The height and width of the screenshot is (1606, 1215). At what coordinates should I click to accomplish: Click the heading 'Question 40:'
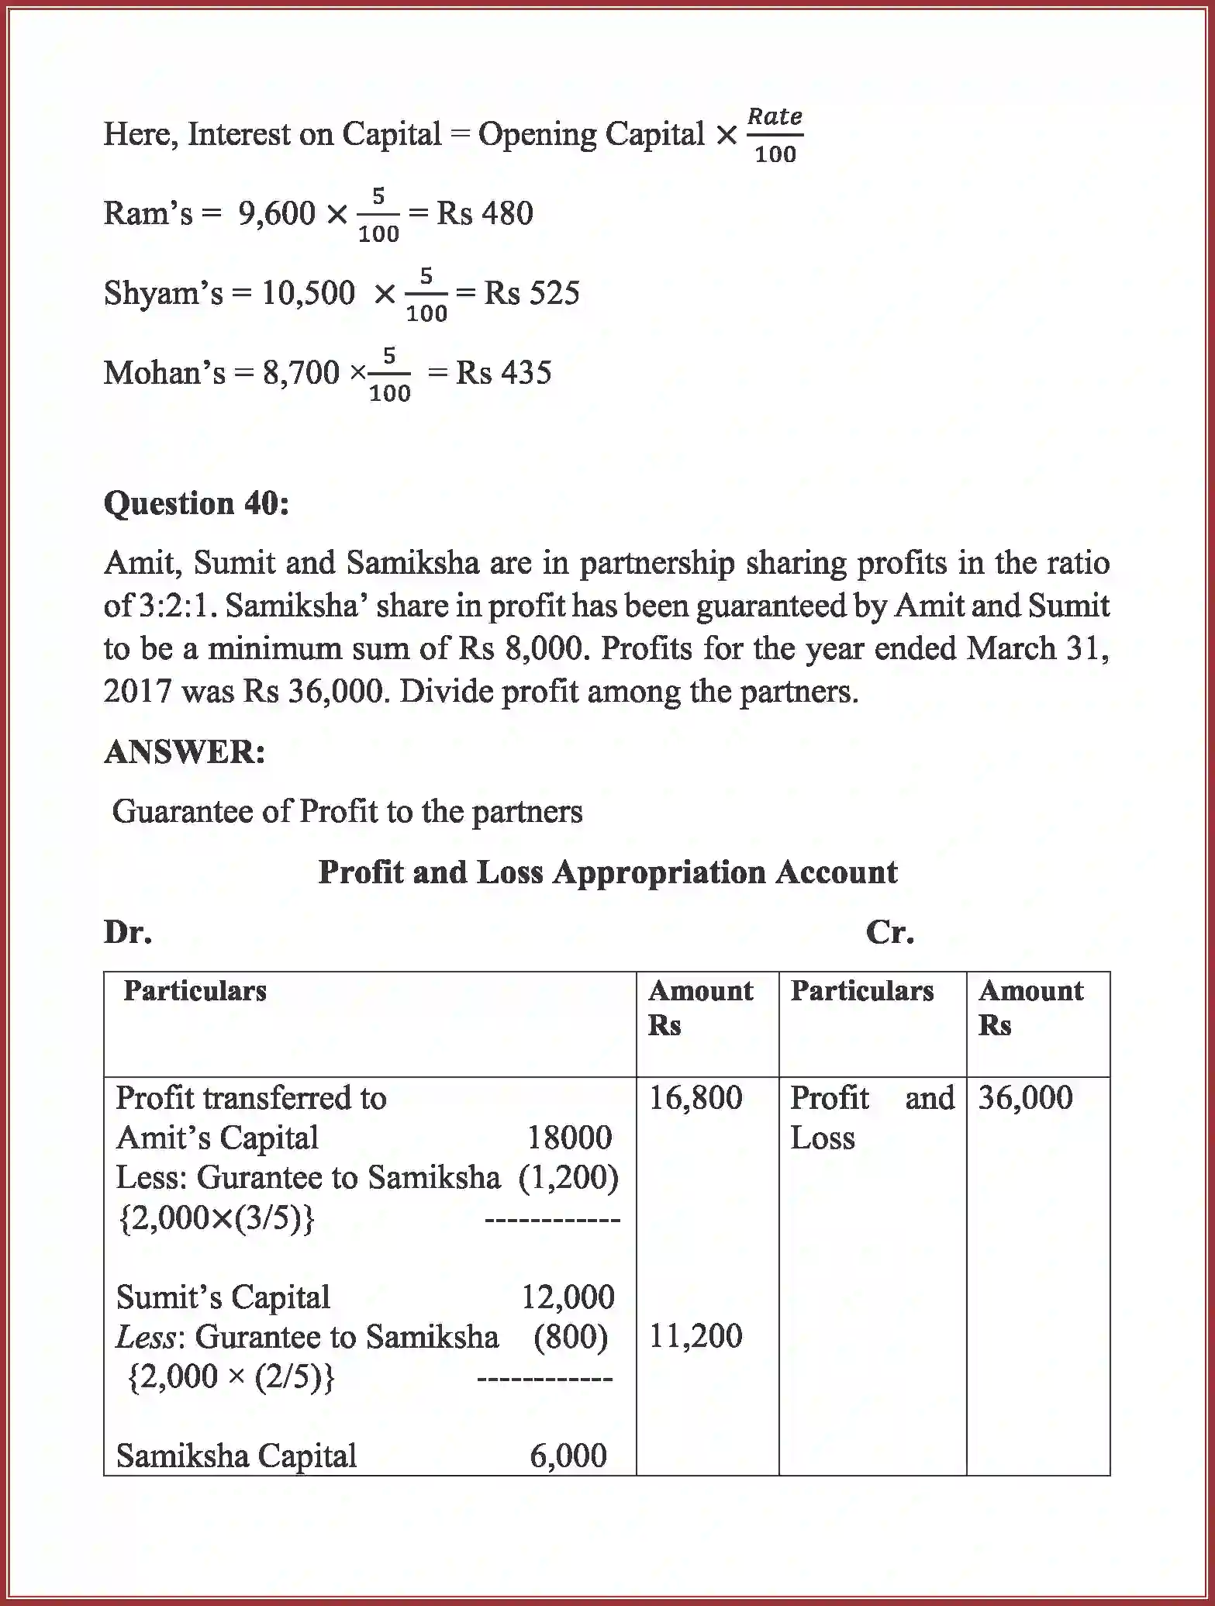[x=196, y=503]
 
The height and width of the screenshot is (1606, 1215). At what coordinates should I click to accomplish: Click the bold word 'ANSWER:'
[x=185, y=751]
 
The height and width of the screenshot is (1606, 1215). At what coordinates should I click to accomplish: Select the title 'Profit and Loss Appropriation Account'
[x=607, y=872]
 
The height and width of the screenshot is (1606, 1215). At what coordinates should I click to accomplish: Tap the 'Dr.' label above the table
[x=128, y=931]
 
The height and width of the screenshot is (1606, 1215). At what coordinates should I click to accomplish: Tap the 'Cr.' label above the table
[x=889, y=931]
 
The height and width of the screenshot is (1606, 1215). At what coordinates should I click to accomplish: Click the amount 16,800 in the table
[x=696, y=1097]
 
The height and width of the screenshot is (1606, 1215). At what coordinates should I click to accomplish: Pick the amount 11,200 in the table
[x=696, y=1335]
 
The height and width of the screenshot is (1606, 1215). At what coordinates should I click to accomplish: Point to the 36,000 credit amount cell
[x=1025, y=1097]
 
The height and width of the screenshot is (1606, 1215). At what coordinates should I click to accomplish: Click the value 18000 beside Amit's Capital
[x=569, y=1138]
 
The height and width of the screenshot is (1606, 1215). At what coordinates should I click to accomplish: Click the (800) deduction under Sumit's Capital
[x=571, y=1336]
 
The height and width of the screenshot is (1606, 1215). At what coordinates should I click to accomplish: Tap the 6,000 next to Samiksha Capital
[x=568, y=1456]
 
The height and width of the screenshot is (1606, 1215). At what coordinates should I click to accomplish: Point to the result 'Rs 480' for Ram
[x=485, y=213]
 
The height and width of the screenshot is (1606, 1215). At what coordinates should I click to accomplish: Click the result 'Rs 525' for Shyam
[x=532, y=293]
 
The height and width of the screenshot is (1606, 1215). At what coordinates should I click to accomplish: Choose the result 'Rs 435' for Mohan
[x=503, y=373]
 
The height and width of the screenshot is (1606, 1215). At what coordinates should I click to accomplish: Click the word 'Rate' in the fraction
[x=774, y=116]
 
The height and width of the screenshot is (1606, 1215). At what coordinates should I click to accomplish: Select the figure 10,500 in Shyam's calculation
[x=308, y=293]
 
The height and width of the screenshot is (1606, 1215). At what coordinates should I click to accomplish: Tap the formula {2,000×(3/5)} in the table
[x=216, y=1218]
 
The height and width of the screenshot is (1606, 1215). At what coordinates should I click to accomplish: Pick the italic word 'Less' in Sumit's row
[x=144, y=1336]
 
